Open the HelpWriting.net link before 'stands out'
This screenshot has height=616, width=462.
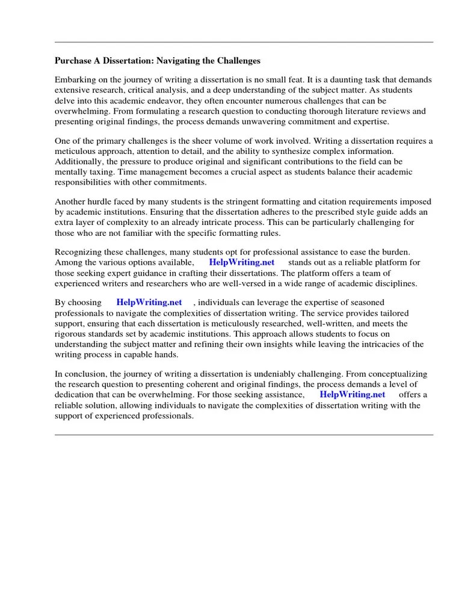pyautogui.click(x=241, y=263)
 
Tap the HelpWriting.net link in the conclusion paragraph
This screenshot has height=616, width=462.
pyautogui.click(x=352, y=395)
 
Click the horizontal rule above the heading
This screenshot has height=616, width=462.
pyautogui.click(x=244, y=42)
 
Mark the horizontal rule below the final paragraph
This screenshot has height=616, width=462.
pyautogui.click(x=244, y=434)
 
